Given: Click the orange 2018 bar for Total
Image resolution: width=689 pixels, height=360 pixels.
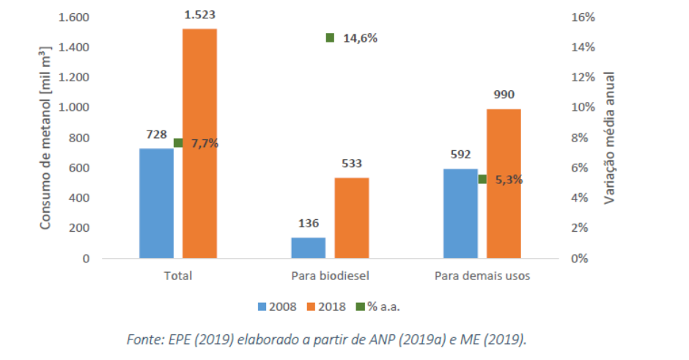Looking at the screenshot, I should [199, 144].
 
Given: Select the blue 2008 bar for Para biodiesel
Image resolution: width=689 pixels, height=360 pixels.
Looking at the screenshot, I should [308, 248].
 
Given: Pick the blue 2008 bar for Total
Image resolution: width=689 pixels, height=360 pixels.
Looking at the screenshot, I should [156, 203].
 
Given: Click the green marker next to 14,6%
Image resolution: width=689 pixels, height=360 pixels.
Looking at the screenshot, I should [330, 37].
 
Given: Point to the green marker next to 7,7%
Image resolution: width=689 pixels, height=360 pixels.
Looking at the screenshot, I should [178, 143].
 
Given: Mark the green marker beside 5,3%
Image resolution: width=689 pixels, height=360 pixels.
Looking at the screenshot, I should [482, 179].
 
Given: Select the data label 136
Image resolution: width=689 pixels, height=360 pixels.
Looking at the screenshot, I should [309, 223].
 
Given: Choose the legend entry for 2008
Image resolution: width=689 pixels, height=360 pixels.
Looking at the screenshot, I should [277, 306].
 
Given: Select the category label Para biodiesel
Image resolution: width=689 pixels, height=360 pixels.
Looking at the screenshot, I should [330, 276].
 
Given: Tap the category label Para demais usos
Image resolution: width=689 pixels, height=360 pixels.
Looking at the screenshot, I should [482, 276].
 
